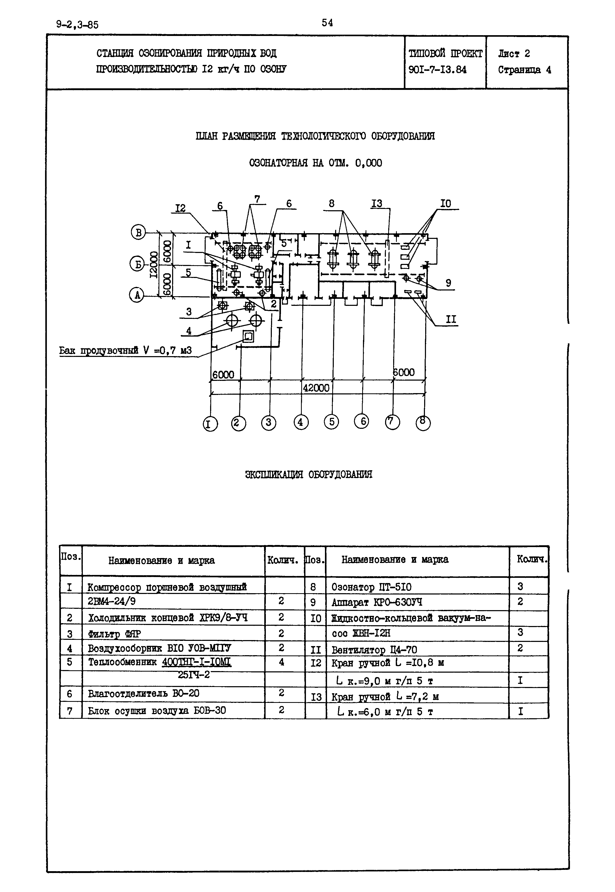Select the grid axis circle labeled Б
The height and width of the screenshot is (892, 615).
[x=136, y=264]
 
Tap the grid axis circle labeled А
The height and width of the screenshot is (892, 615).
[x=136, y=296]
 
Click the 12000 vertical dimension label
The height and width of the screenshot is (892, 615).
[x=153, y=264]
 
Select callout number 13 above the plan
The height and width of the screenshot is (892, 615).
[x=376, y=203]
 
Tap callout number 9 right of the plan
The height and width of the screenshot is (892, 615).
[x=448, y=283]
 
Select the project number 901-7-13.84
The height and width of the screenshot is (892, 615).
[x=437, y=70]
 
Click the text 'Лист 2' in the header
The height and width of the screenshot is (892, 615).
[x=514, y=54]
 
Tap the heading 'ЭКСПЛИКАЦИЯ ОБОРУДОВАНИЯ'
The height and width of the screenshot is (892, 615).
[x=309, y=474]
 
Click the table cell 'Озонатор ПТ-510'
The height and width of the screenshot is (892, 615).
[x=372, y=587]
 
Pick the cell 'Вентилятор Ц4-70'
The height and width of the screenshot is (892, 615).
[x=374, y=650]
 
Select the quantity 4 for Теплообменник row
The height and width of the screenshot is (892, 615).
[x=281, y=662]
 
